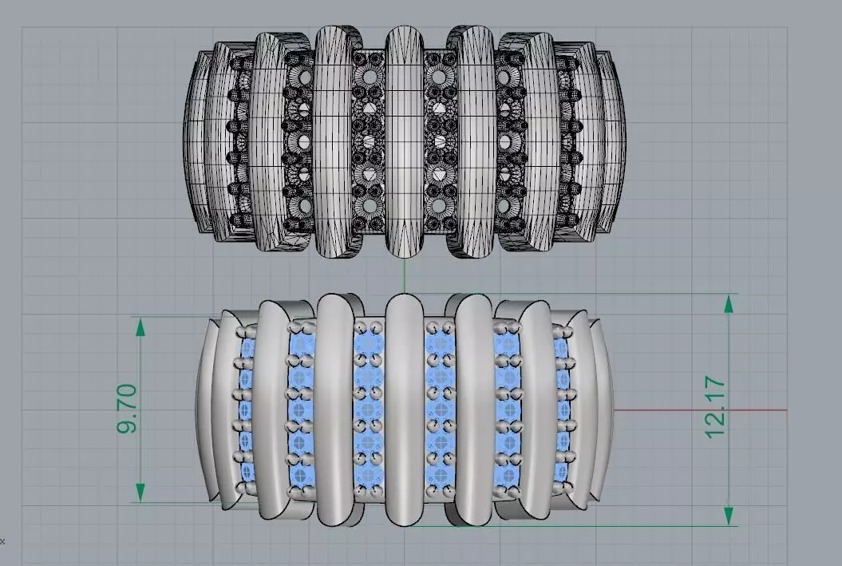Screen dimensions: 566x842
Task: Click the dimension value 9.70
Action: [128, 409]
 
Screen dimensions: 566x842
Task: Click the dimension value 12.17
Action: [715, 407]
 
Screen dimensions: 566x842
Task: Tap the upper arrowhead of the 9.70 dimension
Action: [140, 327]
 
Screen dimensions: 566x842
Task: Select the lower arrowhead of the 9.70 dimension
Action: [140, 493]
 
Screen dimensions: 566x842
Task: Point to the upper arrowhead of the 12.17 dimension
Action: [729, 303]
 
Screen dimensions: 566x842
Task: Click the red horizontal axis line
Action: [702, 410]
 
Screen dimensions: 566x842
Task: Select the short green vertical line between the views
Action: [405, 276]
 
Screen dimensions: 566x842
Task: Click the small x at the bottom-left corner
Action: [2, 540]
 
